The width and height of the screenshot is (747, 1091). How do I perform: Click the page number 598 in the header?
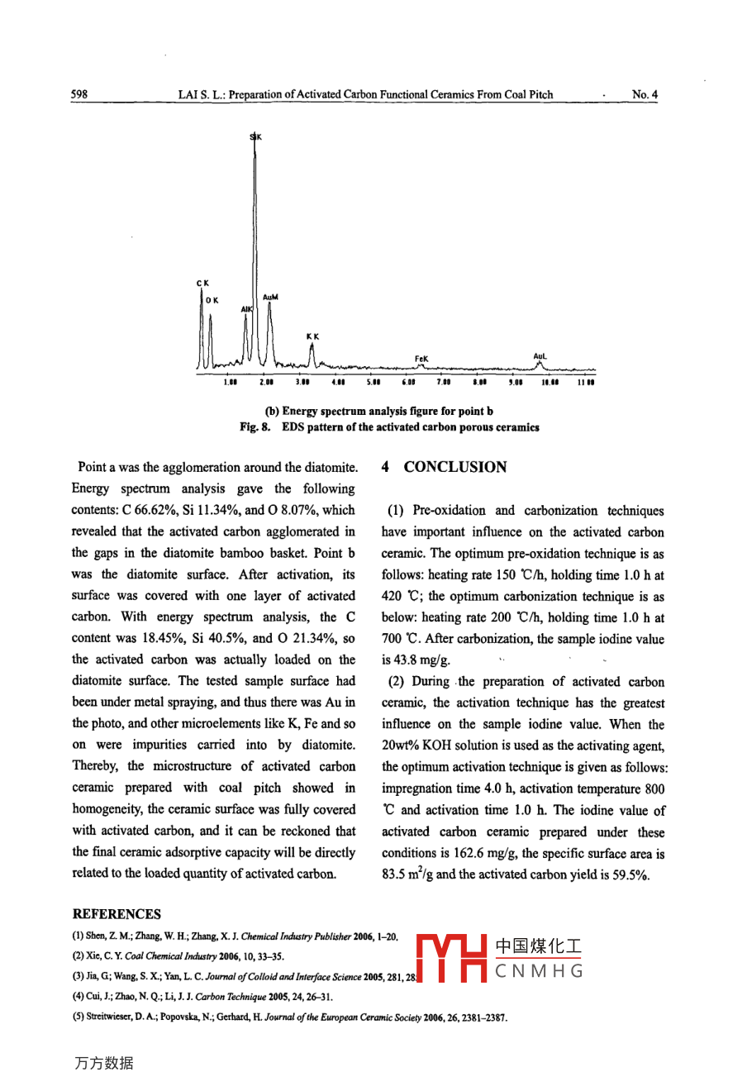point(80,95)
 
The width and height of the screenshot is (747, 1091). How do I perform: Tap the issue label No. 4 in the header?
point(645,95)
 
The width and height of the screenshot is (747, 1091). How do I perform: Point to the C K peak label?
point(202,283)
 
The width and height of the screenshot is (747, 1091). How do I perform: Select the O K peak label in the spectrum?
point(212,300)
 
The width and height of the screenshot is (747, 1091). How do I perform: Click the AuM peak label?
point(270,297)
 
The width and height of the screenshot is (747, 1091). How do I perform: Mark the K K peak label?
point(312,336)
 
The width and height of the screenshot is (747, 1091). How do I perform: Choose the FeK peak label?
point(421,359)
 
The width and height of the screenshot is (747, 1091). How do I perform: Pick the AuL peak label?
point(540,357)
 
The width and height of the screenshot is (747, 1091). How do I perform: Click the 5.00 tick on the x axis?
point(373,383)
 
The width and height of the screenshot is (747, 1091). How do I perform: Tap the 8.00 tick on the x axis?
point(479,383)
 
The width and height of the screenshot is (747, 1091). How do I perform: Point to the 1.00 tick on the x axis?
point(231,383)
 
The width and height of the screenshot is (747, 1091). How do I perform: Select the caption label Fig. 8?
point(255,427)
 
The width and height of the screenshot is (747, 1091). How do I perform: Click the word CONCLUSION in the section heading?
point(455,467)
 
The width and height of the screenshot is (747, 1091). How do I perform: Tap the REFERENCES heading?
point(117,913)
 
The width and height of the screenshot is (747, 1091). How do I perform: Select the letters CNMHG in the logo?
point(539,970)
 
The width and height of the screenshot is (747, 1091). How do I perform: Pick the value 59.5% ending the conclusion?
point(630,874)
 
